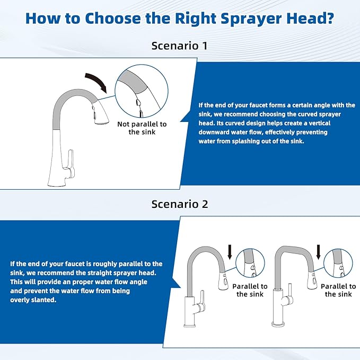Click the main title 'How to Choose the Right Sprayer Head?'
[180, 18]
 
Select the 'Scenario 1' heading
[180, 46]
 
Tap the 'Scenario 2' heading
[180, 204]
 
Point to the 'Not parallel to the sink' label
[142, 128]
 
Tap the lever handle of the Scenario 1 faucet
[69, 159]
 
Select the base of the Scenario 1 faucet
[58, 182]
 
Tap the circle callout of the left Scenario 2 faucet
[250, 264]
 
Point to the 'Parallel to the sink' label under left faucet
[250, 290]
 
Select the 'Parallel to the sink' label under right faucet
[338, 290]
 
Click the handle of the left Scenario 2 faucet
[200, 306]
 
